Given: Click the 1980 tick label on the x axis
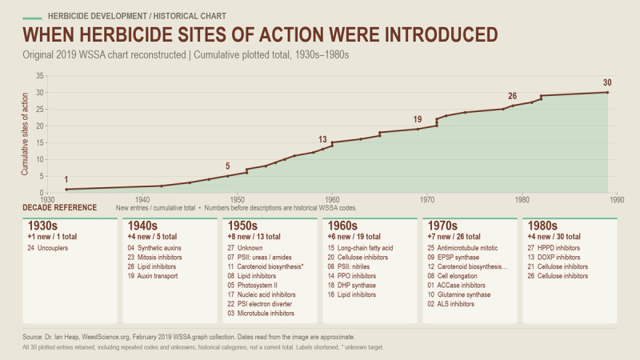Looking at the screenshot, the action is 522,199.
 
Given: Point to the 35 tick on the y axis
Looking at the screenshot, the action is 39,75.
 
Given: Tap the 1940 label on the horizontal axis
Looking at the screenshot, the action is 142,199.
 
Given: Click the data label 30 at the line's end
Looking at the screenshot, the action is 607,82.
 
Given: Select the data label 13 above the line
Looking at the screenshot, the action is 322,139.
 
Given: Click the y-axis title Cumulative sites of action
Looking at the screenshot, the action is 25,134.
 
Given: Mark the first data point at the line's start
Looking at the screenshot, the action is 66,190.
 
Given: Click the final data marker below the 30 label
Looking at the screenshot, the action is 607,92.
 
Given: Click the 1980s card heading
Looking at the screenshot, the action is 542,226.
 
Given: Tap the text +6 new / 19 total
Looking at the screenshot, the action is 354,237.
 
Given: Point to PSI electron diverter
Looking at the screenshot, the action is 265,304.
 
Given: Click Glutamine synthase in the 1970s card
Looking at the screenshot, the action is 464,294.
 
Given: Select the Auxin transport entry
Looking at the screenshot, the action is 158,276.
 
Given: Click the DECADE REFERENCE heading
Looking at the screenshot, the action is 59,207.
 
